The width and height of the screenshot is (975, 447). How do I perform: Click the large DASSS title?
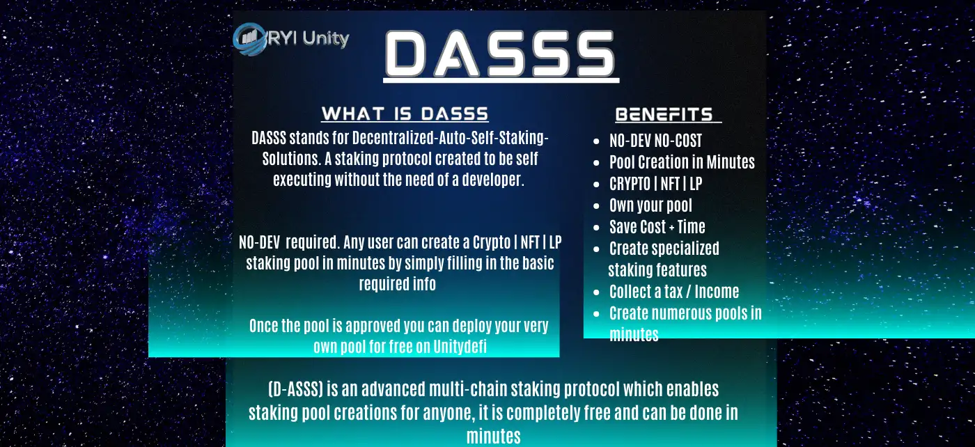[x=501, y=54]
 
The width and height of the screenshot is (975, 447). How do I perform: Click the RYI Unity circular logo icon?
[x=249, y=40]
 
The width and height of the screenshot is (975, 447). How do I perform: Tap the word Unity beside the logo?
[x=326, y=38]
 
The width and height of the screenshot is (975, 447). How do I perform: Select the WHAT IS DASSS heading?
[x=405, y=113]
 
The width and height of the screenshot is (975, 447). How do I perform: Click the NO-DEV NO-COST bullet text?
[x=655, y=141]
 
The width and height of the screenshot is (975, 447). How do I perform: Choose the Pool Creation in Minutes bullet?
[x=682, y=162]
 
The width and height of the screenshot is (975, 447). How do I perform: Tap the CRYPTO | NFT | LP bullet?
[x=655, y=183]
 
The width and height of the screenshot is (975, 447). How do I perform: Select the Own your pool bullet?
[x=650, y=205]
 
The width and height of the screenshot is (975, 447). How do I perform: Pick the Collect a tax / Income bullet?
[x=674, y=291]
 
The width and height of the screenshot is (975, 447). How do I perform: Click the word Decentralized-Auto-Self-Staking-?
[x=451, y=138]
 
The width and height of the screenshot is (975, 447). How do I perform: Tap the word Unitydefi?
[x=460, y=347]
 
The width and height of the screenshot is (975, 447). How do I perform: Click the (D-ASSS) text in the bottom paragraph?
[x=295, y=389]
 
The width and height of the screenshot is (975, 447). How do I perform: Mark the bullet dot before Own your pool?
[x=596, y=206]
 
